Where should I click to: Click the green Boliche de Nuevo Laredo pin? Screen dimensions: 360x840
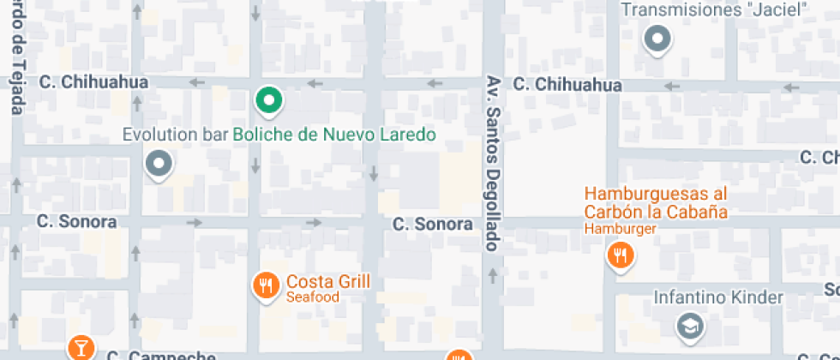(x=269, y=101)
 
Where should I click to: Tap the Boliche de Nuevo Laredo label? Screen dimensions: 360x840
(x=334, y=135)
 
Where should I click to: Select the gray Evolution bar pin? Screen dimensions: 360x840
(x=159, y=164)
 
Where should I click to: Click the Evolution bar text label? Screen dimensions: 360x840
(x=175, y=135)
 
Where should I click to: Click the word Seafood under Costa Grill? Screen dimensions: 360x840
(x=313, y=297)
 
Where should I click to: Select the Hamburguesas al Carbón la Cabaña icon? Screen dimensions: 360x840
(x=619, y=255)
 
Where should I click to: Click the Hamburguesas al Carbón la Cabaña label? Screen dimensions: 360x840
(x=656, y=203)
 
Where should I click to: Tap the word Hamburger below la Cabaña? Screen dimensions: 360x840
(x=621, y=229)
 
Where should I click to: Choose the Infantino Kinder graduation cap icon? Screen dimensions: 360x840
(x=688, y=325)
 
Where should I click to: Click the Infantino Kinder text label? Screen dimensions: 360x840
(x=718, y=297)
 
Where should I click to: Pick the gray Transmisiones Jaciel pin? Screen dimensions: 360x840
(x=657, y=39)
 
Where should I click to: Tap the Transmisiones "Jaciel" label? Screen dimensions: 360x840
(x=714, y=10)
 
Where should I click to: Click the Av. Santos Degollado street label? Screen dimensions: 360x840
(x=493, y=163)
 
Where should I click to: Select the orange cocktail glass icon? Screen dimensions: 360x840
(x=81, y=347)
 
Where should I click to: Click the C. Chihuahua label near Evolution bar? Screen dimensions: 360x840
(x=94, y=82)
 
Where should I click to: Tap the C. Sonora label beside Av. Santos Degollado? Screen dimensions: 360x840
(x=433, y=224)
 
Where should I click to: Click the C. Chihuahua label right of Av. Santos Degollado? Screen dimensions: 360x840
(x=567, y=85)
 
